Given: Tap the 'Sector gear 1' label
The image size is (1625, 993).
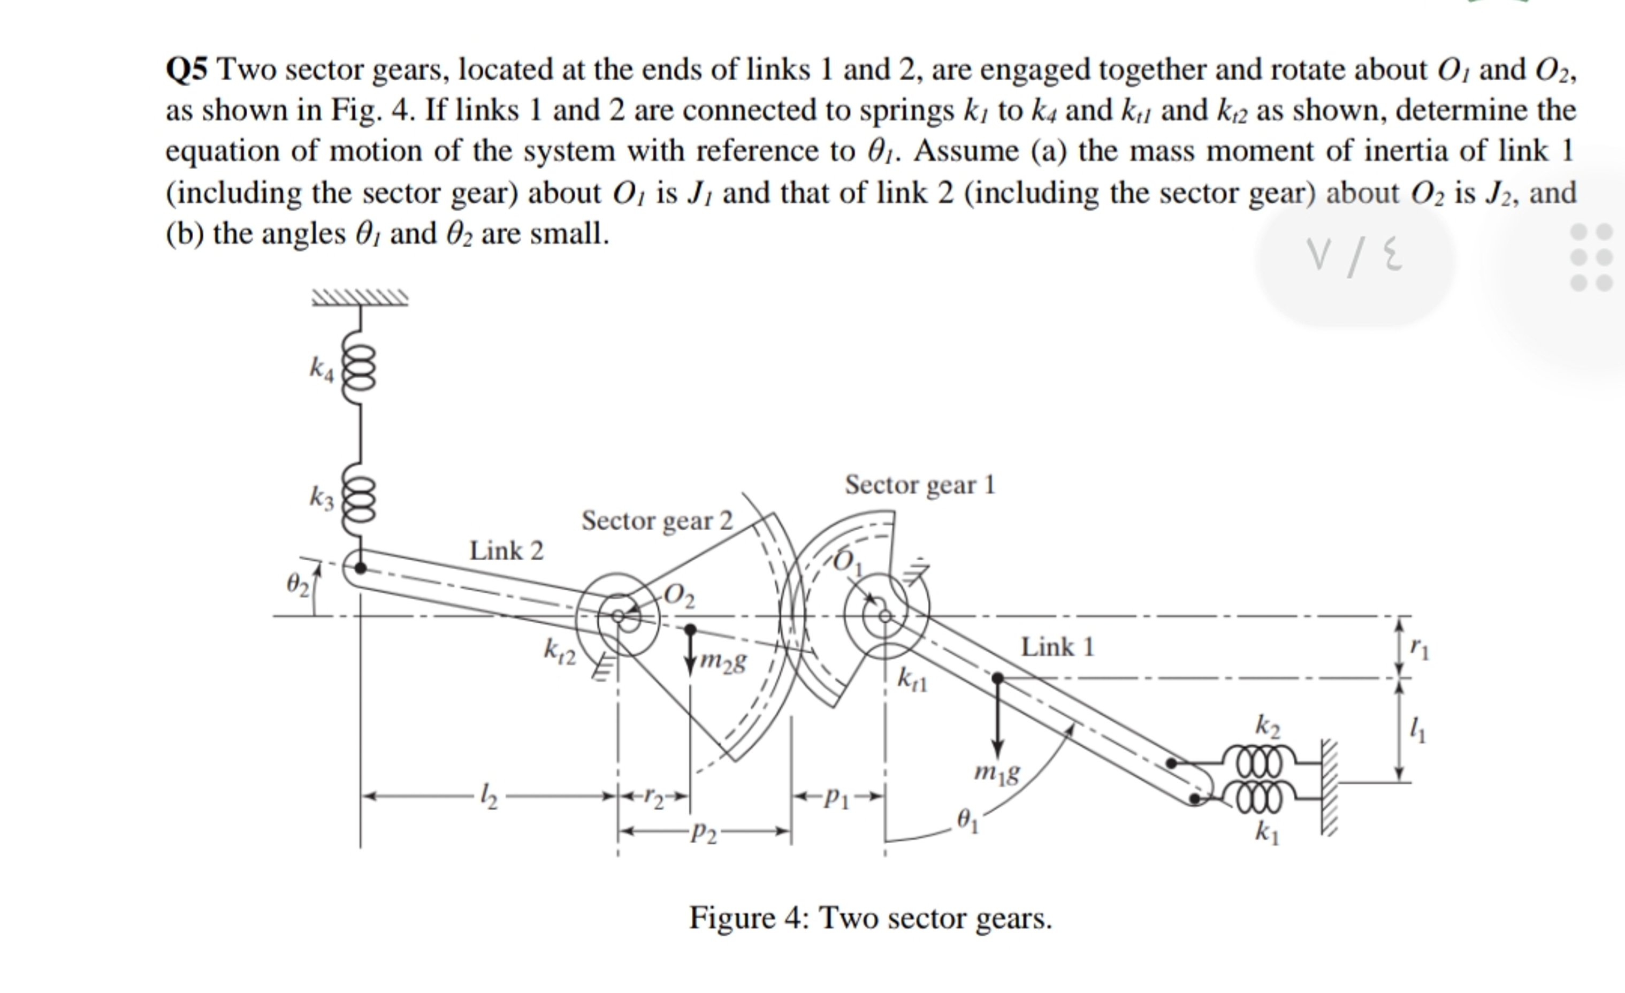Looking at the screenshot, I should point(919,485).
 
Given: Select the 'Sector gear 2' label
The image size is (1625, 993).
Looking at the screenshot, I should point(656,521).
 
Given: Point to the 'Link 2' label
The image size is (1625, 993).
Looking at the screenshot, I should point(506,551).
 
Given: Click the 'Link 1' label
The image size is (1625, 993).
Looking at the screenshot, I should point(1057,647).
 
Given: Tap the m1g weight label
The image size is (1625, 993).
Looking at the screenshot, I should point(996,773).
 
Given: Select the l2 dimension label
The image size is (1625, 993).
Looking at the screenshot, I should point(489,796).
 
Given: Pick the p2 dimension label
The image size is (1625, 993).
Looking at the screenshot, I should point(703,833).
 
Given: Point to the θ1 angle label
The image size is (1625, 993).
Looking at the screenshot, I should point(967,821).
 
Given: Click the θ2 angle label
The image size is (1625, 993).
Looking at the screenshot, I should point(297,584).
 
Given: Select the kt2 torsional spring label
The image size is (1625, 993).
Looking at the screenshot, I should point(559,652).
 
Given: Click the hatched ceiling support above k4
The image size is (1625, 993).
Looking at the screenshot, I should point(360,298).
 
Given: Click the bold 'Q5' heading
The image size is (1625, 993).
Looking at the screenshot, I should point(186,69).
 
